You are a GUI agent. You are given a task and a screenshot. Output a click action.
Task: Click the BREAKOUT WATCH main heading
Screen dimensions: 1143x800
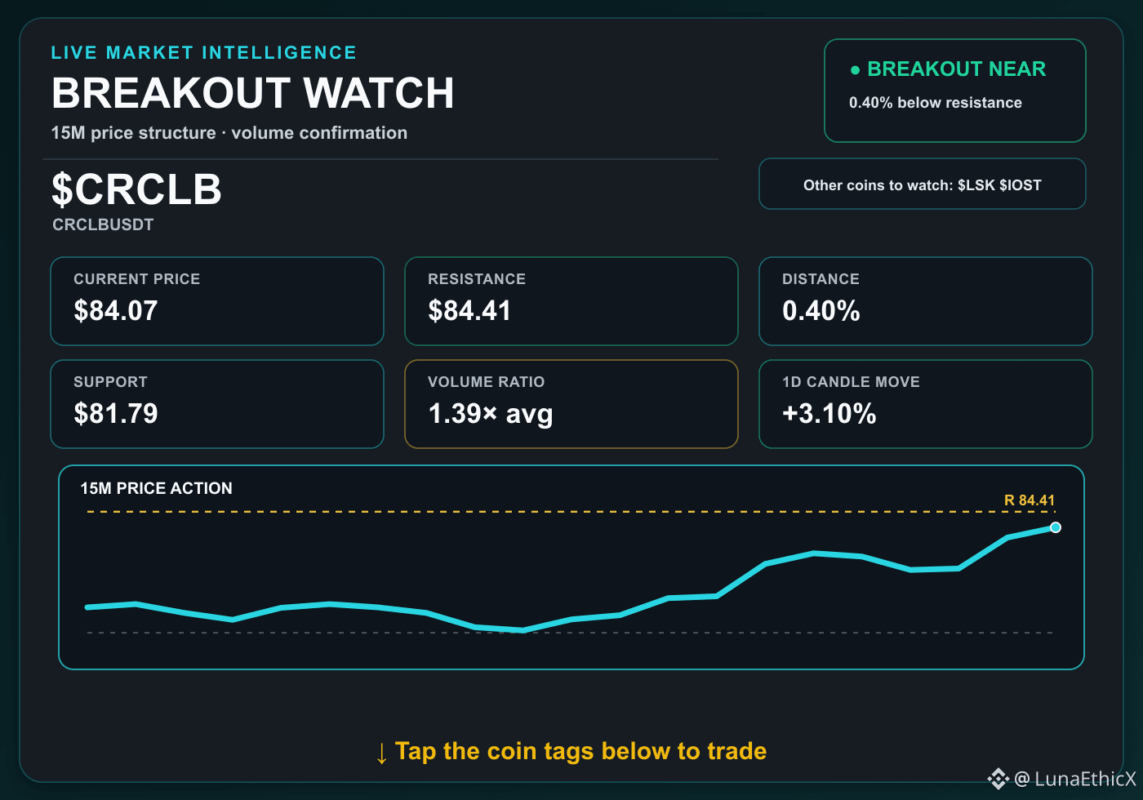[252, 93]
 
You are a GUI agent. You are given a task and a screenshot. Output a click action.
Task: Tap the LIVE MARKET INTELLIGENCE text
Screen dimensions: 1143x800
[203, 52]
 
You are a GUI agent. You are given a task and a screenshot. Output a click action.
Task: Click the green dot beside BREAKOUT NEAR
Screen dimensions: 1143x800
[856, 70]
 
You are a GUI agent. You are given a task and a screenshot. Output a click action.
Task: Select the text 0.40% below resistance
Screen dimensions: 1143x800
[936, 103]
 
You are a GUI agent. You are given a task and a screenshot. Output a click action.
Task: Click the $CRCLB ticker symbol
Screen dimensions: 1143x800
[137, 189]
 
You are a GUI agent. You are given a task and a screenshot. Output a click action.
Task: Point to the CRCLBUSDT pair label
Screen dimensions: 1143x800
[103, 224]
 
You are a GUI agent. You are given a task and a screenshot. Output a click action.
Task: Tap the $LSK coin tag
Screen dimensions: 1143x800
[976, 184]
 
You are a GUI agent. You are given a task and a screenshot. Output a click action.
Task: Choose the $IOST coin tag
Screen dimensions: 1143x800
[1020, 184]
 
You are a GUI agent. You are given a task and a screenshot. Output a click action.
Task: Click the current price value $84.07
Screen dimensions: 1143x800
[116, 311]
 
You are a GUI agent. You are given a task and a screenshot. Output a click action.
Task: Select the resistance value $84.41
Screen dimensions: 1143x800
[469, 311]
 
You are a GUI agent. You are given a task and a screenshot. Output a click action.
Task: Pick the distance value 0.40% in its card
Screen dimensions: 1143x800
[821, 311]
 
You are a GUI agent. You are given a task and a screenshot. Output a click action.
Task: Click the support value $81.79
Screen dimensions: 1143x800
[116, 413]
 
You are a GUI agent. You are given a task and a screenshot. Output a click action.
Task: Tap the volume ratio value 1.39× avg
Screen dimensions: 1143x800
[491, 414]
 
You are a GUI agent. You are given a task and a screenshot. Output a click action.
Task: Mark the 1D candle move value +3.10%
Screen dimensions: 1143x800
[829, 413]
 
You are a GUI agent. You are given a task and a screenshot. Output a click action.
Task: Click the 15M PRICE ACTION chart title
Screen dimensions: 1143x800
[156, 488]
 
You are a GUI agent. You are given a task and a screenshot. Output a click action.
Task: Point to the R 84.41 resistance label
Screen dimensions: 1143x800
[1030, 500]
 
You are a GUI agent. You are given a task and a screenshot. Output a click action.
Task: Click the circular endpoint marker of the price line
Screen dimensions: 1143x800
[1055, 527]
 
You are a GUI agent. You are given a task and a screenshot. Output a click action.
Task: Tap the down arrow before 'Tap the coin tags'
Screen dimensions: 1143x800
[381, 753]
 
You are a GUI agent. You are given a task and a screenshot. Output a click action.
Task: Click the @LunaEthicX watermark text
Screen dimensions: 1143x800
[1075, 779]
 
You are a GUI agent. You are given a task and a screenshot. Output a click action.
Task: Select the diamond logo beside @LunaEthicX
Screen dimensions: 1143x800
[998, 779]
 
